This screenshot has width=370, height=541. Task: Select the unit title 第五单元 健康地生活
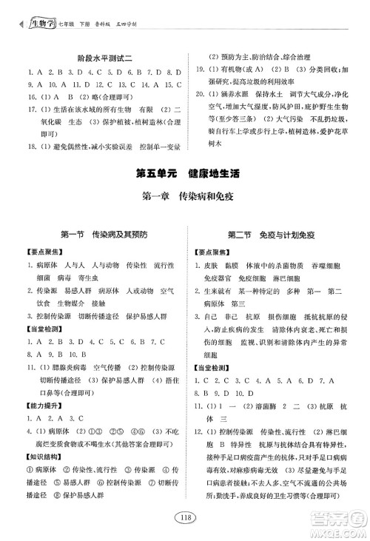pos(184,175)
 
